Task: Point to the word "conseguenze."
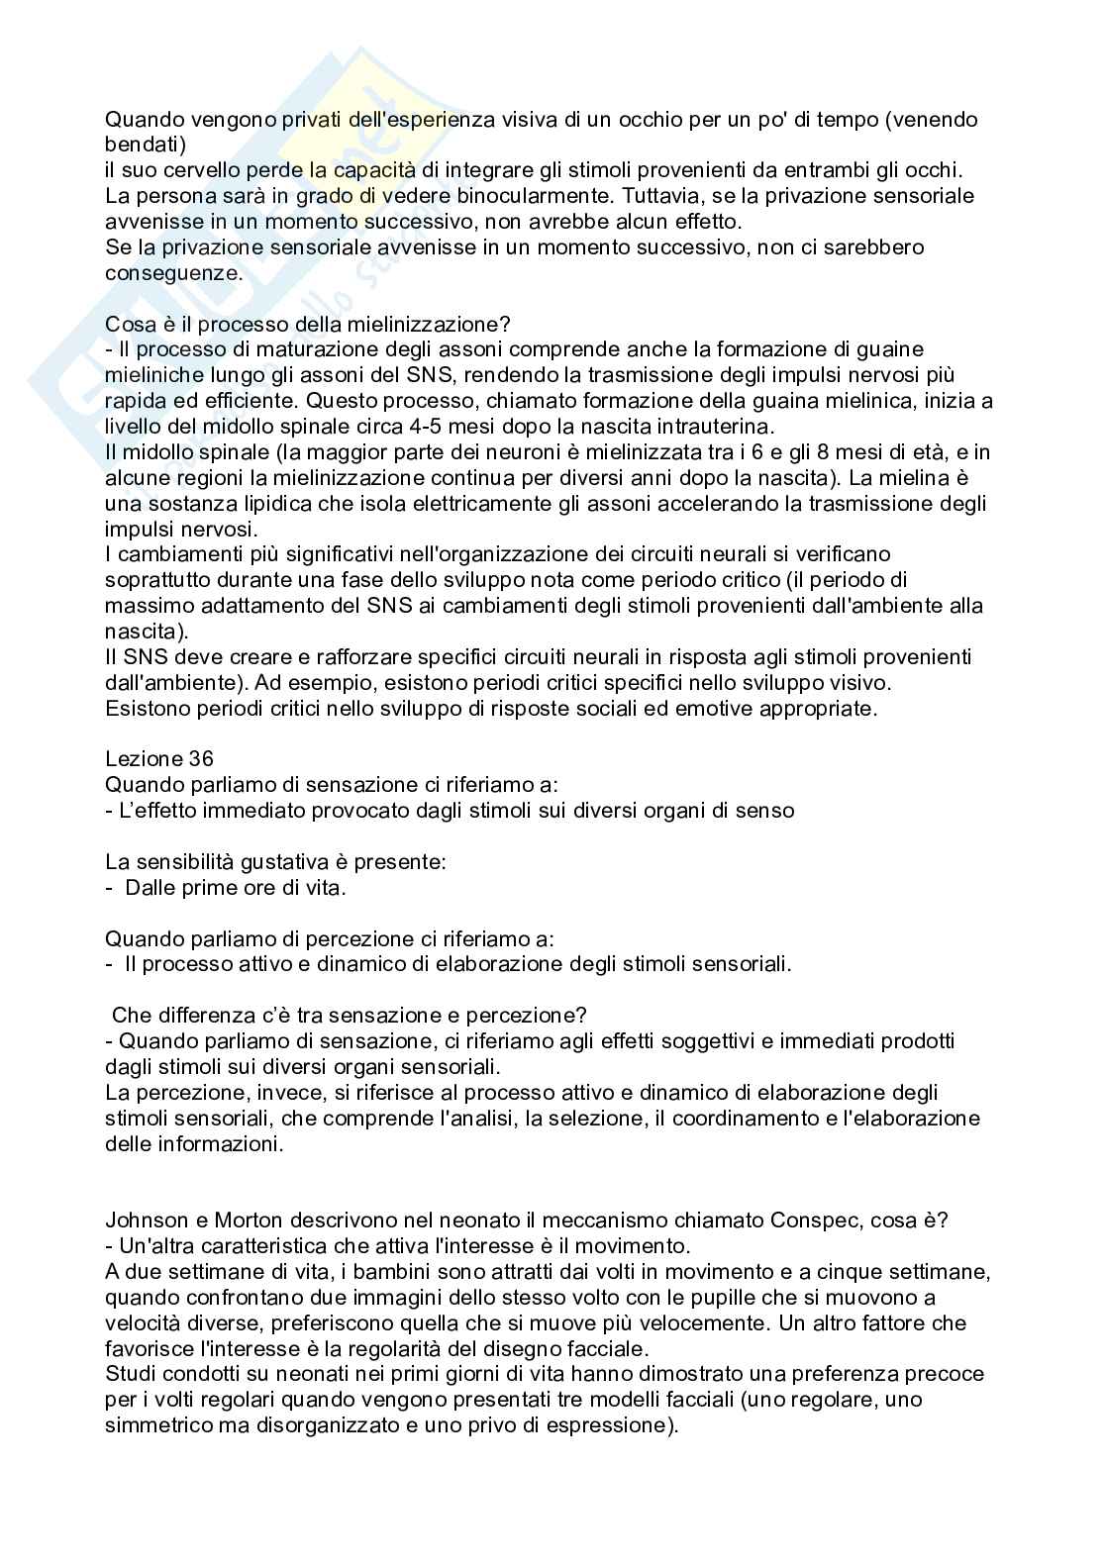[173, 273]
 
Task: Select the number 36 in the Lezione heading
[199, 759]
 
